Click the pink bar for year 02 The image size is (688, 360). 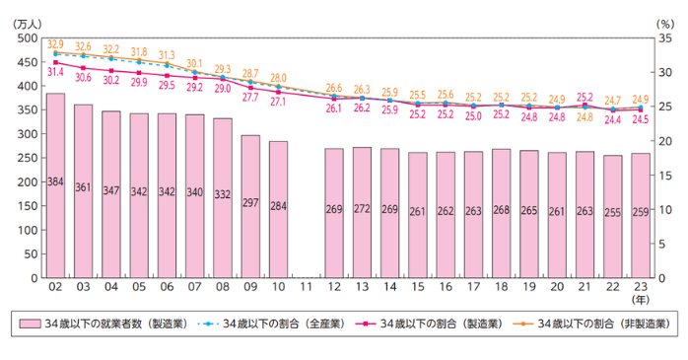point(55,187)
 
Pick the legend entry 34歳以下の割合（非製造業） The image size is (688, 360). point(592,324)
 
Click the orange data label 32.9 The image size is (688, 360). point(55,44)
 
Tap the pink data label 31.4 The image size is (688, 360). point(55,71)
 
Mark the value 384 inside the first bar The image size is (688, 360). point(55,182)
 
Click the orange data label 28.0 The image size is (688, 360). point(279,77)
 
